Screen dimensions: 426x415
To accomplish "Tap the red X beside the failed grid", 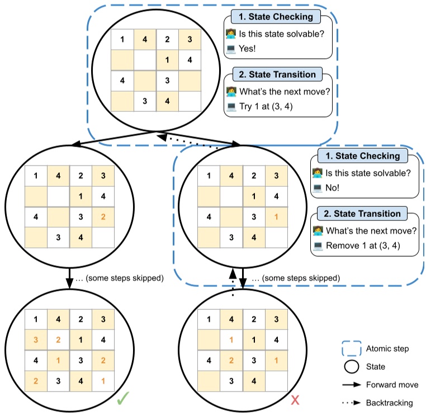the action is [295, 400].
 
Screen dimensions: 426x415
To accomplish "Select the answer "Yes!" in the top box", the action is [247, 49].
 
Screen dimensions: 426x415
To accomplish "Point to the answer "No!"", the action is [332, 188].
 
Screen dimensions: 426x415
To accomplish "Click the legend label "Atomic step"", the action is [387, 348].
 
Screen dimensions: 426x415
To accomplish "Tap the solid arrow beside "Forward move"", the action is [352, 385].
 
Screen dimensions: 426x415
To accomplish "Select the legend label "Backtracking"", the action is [389, 403].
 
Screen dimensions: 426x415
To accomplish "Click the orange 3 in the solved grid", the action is [36, 339].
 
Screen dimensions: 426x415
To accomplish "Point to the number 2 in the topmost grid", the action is [167, 39].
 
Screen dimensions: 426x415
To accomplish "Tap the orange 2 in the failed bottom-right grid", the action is [231, 360].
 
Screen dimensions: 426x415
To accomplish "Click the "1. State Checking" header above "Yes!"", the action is [276, 17].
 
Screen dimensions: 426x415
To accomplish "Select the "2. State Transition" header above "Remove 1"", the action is [362, 214].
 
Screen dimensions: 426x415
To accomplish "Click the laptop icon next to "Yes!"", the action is [231, 49].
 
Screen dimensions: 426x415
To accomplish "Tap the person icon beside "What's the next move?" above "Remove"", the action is [318, 231].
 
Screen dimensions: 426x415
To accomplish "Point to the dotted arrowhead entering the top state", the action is [162, 137].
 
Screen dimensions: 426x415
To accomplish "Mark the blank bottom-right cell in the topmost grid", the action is [190, 101].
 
